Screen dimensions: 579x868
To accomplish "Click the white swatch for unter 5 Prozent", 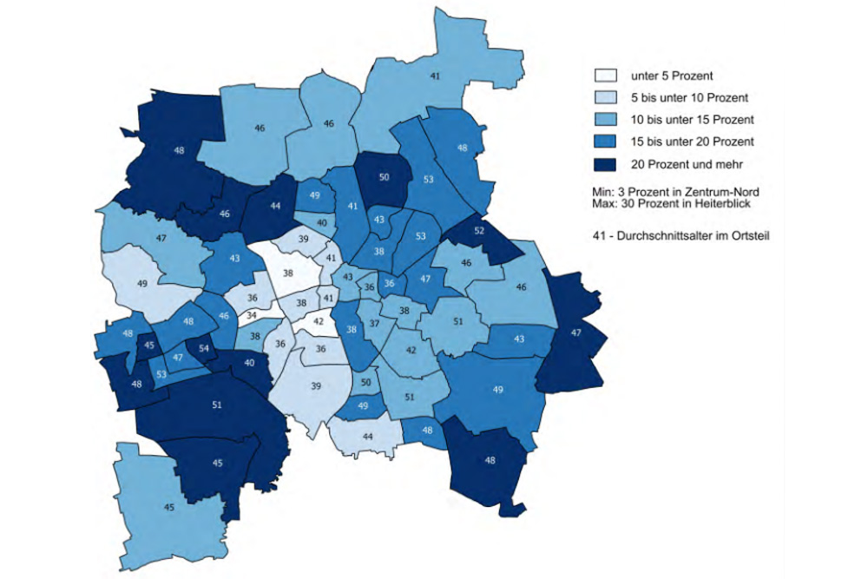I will coord(605,76).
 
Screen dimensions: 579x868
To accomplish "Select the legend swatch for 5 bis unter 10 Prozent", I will coord(605,97).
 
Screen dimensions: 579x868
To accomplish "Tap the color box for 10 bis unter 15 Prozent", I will coord(605,119).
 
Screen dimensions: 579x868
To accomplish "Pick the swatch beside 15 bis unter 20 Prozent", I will coord(605,141).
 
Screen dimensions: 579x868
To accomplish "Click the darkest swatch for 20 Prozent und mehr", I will coord(605,162).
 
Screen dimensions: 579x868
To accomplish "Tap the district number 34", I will coord(252,314).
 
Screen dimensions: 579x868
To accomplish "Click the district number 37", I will coord(375,323).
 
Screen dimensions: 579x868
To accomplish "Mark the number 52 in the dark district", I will coord(479,231).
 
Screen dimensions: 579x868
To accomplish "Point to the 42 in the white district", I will coord(319,320).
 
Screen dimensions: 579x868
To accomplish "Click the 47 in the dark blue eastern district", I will coord(575,332).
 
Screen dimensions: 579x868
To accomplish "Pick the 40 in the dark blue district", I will coord(249,363).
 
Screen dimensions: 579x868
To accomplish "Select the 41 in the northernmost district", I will coord(434,76).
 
